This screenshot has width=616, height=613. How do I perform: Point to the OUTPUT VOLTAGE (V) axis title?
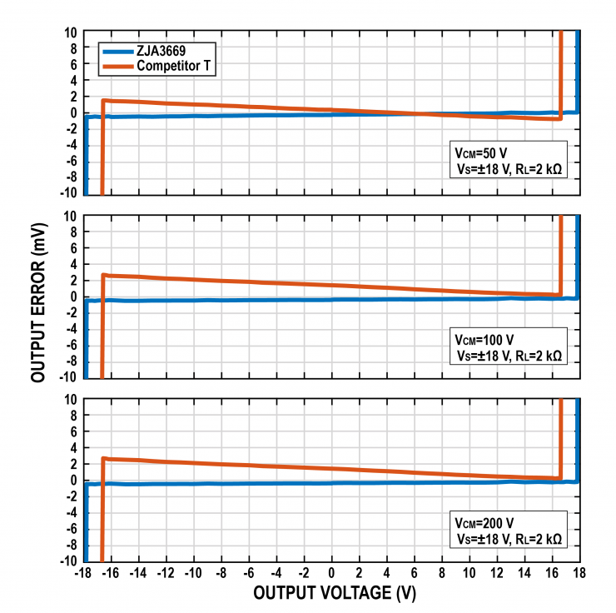click(x=334, y=593)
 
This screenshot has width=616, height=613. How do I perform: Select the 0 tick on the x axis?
click(x=331, y=573)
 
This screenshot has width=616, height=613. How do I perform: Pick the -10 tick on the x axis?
click(x=192, y=573)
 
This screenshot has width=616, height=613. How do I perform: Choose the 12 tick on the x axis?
click(x=497, y=573)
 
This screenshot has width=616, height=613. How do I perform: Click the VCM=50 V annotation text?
click(x=479, y=153)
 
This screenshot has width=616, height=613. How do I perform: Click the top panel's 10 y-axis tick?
click(x=72, y=32)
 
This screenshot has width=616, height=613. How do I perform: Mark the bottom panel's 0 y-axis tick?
click(x=74, y=481)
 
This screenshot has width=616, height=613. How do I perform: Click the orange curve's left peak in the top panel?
click(x=103, y=100)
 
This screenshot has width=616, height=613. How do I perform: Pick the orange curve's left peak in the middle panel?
click(x=103, y=274)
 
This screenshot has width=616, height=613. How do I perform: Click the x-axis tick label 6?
click(x=415, y=573)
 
